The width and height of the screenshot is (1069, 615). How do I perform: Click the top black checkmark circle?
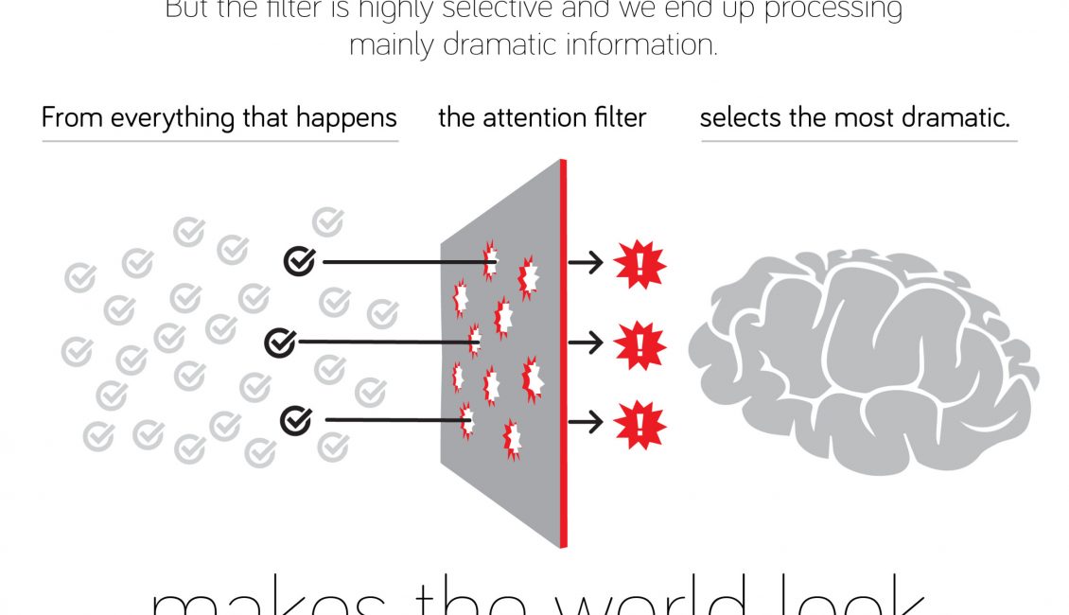pos(300,262)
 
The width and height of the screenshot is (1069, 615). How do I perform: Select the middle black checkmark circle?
pos(280,342)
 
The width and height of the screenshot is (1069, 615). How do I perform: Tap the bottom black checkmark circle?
pos(296,419)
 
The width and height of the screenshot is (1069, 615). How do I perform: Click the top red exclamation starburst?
pos(640,265)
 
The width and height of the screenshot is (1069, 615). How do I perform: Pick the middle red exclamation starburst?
pos(640,344)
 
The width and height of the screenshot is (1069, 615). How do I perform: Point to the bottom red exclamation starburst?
pos(640,424)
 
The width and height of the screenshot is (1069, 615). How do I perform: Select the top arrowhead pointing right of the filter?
pos(595,264)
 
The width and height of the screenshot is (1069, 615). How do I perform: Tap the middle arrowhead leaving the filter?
pos(595,343)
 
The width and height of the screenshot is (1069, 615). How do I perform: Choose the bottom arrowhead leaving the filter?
pos(595,423)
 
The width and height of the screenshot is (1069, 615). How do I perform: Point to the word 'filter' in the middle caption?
pos(618,117)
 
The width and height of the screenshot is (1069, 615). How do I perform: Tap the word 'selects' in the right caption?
pos(737,118)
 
